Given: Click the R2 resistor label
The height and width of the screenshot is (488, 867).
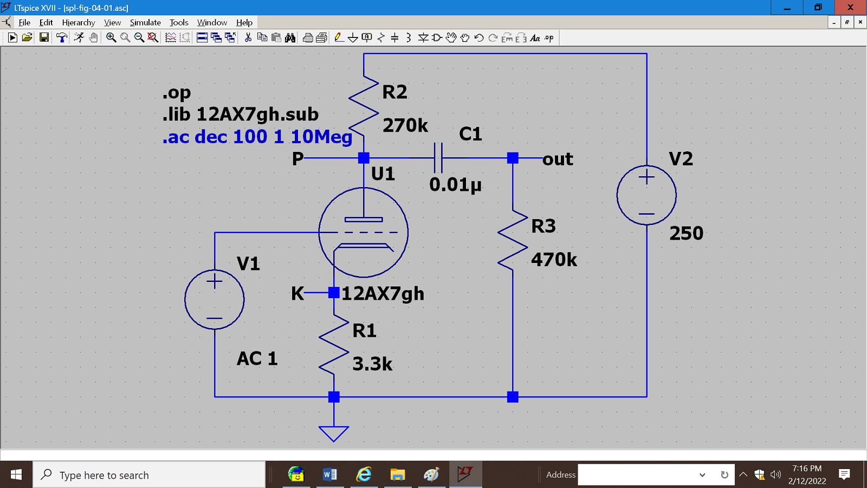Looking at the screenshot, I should pyautogui.click(x=394, y=92).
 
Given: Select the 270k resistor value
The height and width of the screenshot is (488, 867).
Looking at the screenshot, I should pyautogui.click(x=405, y=125).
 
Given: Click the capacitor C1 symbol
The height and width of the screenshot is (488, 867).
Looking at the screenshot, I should pyautogui.click(x=438, y=158).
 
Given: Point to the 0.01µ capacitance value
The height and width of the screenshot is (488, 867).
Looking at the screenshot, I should pyautogui.click(x=455, y=184).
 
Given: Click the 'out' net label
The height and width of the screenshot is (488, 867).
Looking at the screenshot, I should pyautogui.click(x=558, y=159).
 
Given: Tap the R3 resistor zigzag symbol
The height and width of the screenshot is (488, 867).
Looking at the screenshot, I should pyautogui.click(x=513, y=240).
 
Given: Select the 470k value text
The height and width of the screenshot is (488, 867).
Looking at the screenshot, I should pyautogui.click(x=554, y=260).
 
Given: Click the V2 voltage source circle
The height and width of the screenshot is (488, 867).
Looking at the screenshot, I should pyautogui.click(x=646, y=195).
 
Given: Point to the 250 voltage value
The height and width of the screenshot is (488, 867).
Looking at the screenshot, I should pyautogui.click(x=686, y=233).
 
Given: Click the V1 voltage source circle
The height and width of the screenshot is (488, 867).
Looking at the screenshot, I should pyautogui.click(x=215, y=299).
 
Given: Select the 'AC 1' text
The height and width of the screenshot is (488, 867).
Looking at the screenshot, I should pyautogui.click(x=257, y=358).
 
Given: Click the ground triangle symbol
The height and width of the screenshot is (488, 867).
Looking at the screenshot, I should pyautogui.click(x=334, y=433).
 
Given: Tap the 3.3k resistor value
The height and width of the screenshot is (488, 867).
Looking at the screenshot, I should pyautogui.click(x=372, y=364).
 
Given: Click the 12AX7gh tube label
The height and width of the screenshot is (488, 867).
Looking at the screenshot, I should pyautogui.click(x=383, y=294).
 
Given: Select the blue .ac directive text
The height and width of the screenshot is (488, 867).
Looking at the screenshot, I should pyautogui.click(x=257, y=137).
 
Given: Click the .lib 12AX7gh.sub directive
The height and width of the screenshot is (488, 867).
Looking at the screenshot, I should pyautogui.click(x=241, y=114).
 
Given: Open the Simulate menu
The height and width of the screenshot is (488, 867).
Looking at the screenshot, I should pyautogui.click(x=145, y=22).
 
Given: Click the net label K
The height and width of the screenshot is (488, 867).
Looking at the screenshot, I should pyautogui.click(x=297, y=293).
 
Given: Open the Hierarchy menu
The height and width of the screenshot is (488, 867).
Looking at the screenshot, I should pyautogui.click(x=79, y=22).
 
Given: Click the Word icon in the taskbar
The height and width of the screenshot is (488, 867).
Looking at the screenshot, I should pyautogui.click(x=329, y=475).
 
